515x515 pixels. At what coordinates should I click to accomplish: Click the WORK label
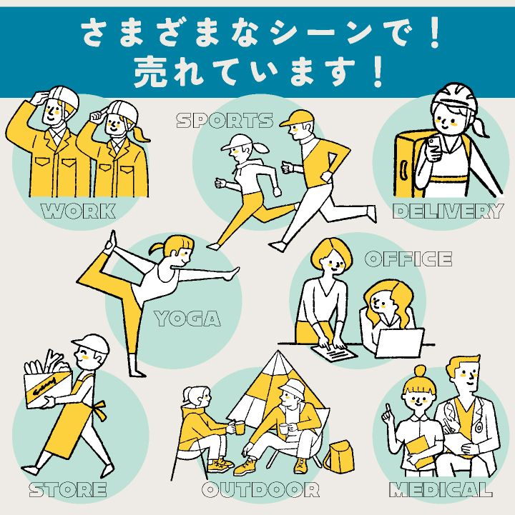78,211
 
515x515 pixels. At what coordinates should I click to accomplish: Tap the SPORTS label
225,121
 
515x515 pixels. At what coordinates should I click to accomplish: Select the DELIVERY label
448,211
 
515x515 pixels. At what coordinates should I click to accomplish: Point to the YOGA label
187,319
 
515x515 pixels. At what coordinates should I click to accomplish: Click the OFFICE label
408,259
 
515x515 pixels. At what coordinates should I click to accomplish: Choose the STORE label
68,490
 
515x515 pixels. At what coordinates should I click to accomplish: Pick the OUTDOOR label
260,490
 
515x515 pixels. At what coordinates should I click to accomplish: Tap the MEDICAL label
441,490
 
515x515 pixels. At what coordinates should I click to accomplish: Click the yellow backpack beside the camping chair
339,457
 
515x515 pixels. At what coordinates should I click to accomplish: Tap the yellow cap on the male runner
297,118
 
